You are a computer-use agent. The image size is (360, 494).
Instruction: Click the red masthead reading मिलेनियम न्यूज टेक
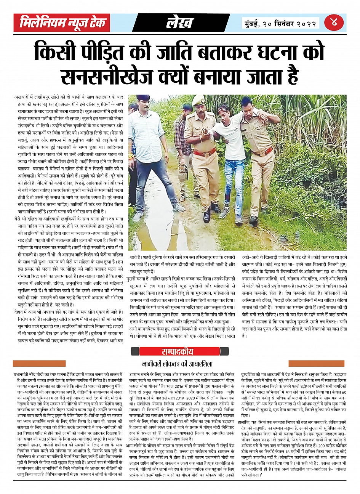coord(63,23)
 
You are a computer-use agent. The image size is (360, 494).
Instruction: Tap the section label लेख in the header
coord(179,23)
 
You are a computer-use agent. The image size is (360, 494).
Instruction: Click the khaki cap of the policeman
coord(198,100)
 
